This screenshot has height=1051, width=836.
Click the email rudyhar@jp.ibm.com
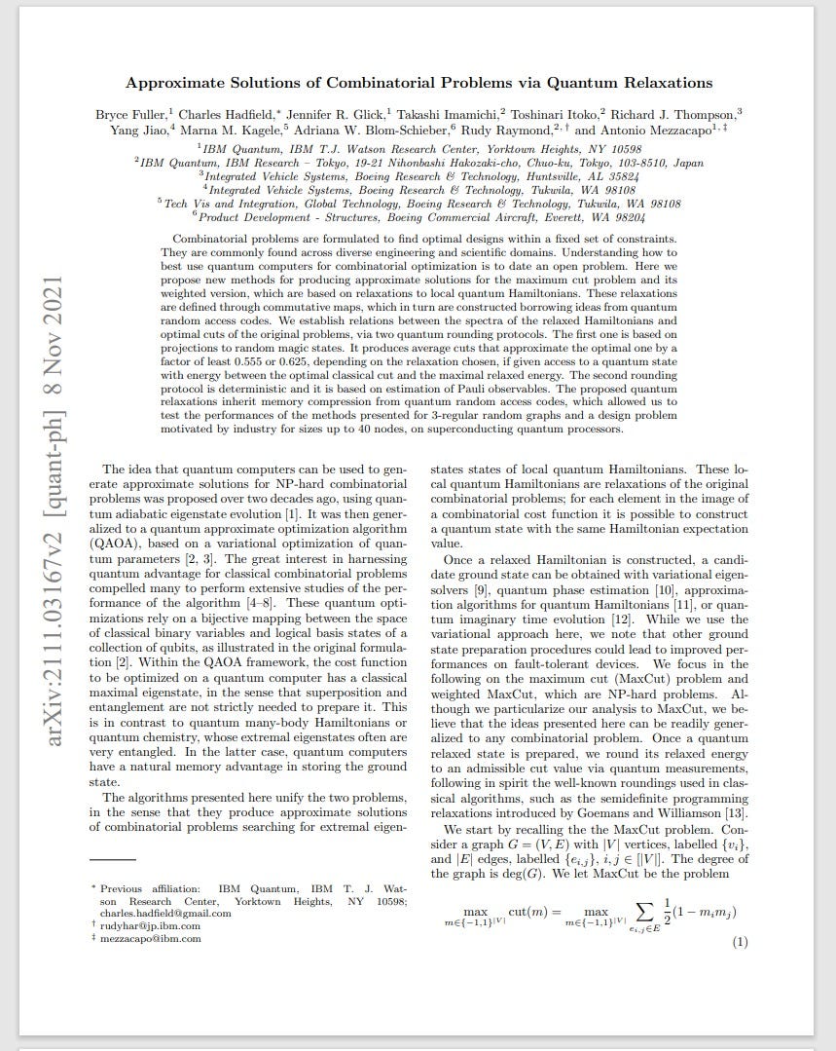click(x=147, y=926)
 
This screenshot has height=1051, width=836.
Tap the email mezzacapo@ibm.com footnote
click(x=151, y=939)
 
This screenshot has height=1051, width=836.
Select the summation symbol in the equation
click(x=642, y=910)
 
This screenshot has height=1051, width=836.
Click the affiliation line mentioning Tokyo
click(x=418, y=163)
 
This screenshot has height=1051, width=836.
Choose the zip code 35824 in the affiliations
click(x=618, y=176)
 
